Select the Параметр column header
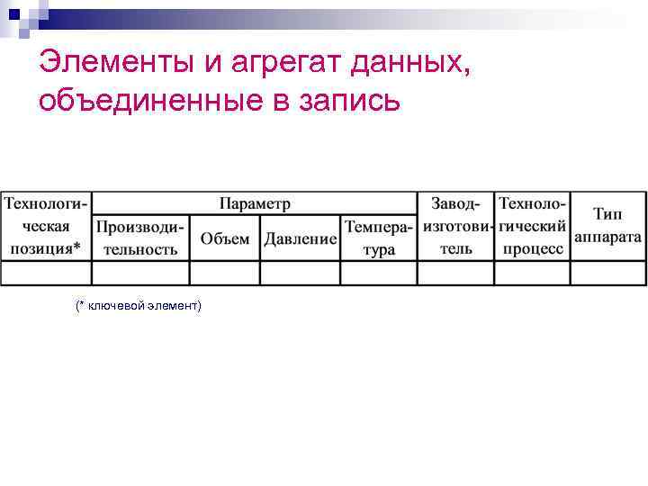coord(255,203)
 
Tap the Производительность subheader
coord(140,238)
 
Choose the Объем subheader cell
coord(225,238)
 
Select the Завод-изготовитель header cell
coord(456,226)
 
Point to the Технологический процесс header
coord(533,226)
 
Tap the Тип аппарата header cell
coord(608,226)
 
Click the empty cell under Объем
coord(225,273)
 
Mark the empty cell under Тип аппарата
coord(608,273)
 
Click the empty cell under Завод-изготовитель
coord(456,273)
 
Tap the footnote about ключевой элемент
coord(139,307)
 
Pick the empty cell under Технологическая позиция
coord(47,273)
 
